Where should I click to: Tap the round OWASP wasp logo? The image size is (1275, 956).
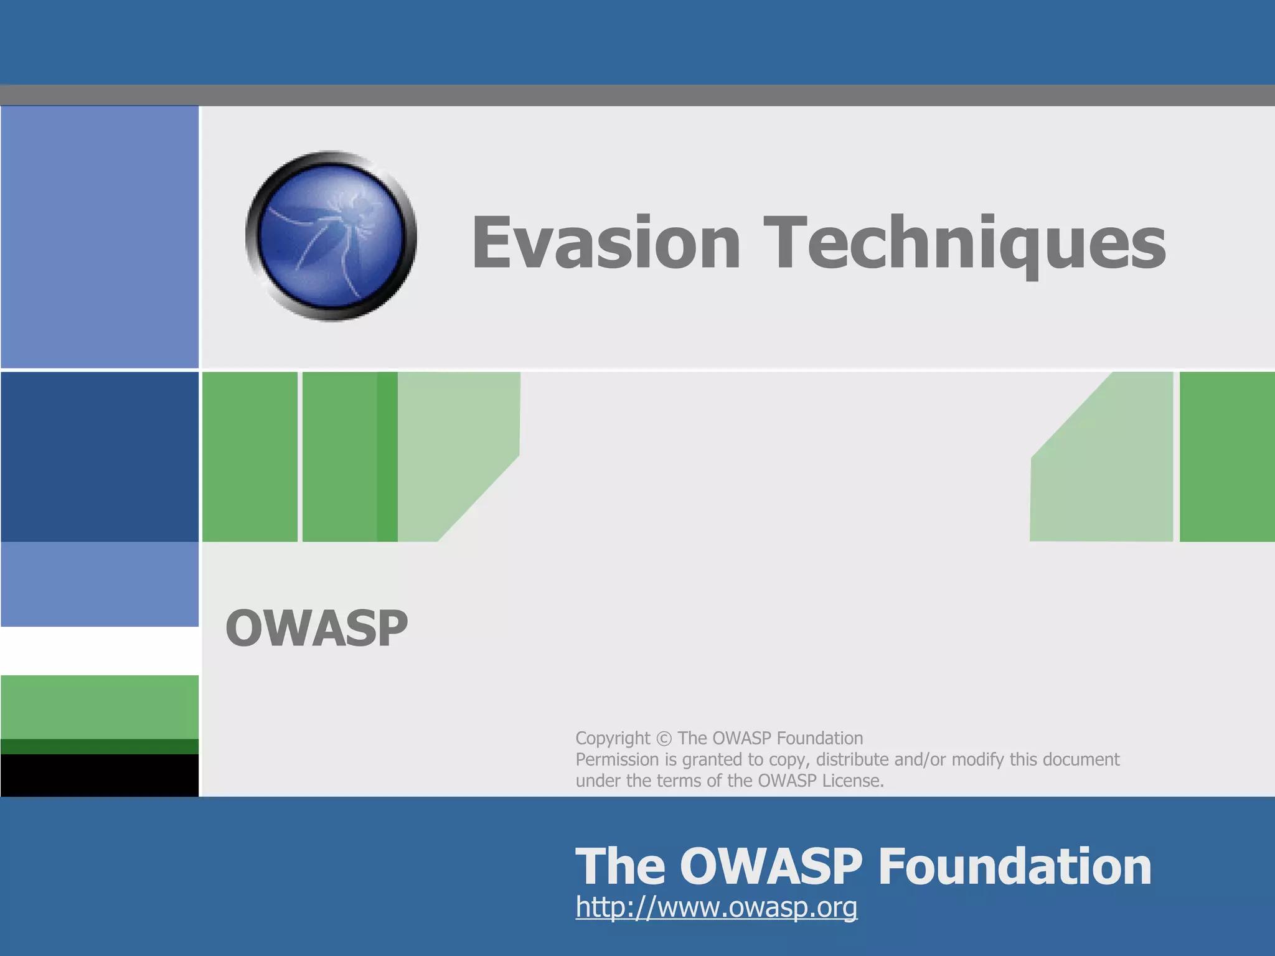(x=331, y=237)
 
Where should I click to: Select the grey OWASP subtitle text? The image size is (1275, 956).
(x=316, y=629)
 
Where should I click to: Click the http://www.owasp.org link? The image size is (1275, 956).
(x=716, y=907)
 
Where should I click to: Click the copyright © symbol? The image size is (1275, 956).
(x=664, y=739)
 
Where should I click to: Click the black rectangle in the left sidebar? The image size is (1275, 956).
(x=100, y=775)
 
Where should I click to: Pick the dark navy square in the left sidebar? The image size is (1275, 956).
(x=100, y=456)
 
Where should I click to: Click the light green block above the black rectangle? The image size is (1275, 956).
(x=100, y=706)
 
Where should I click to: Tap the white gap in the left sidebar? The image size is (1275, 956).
(x=100, y=650)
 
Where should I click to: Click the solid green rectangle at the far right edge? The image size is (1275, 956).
(x=1226, y=456)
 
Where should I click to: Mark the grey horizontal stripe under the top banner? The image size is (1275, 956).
(x=637, y=95)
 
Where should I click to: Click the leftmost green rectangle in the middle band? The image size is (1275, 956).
(x=250, y=456)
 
